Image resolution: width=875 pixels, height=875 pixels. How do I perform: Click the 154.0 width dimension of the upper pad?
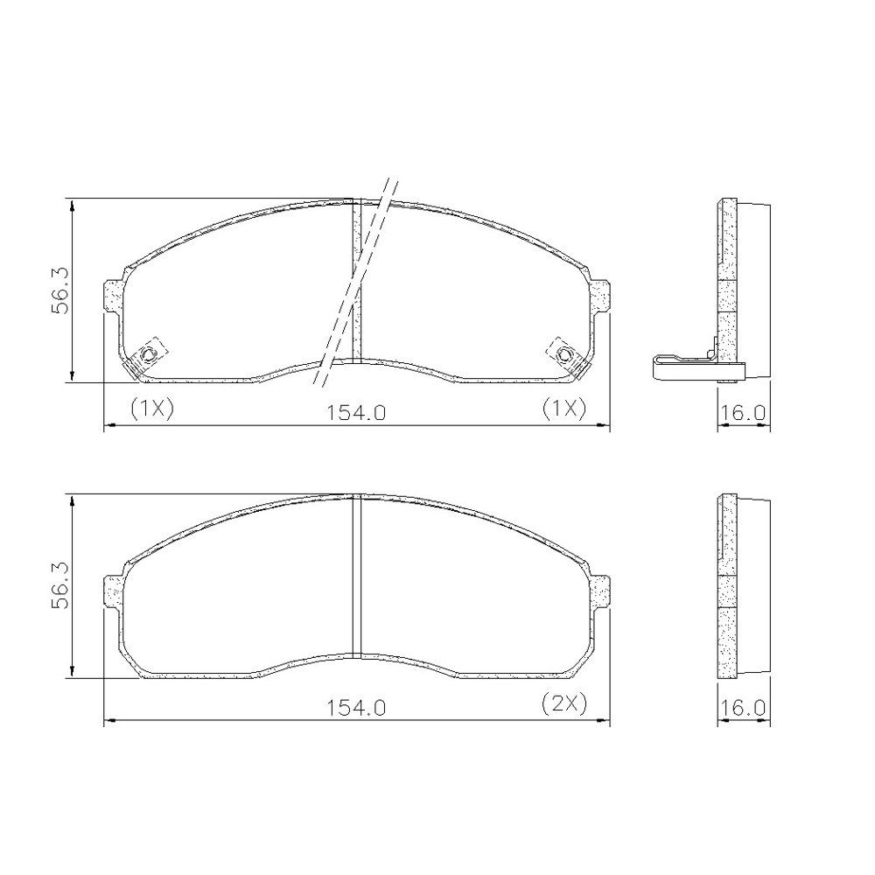point(356,413)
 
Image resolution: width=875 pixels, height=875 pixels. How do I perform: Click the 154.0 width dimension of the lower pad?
point(356,708)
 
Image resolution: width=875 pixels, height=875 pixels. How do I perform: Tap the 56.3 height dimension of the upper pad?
point(59,290)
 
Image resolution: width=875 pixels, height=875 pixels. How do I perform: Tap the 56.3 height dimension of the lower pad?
point(59,584)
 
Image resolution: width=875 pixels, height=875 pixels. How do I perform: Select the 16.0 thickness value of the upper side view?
point(743,413)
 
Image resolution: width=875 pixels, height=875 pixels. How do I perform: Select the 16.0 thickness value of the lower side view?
point(743,708)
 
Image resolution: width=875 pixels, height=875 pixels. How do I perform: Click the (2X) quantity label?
point(564,703)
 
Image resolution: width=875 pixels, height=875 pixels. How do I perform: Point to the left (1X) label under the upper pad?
point(152,409)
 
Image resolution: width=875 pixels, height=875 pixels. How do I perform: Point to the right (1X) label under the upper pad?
point(564,409)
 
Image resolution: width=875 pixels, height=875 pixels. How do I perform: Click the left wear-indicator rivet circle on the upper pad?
point(149,353)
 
